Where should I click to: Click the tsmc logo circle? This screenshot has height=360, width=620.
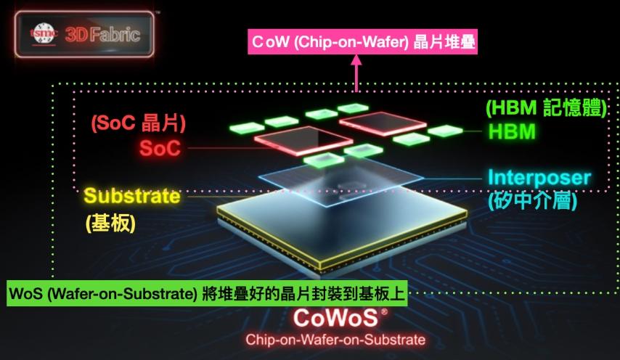(44, 33)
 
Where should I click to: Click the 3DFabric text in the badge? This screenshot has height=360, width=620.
(102, 35)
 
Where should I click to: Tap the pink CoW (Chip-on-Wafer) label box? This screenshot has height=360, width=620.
(362, 41)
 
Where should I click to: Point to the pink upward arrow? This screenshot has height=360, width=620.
(356, 73)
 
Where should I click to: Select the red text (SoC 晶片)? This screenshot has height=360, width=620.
(139, 123)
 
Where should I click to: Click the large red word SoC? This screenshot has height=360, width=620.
(160, 148)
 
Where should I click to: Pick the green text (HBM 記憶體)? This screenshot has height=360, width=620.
(546, 107)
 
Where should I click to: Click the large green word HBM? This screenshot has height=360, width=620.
(512, 131)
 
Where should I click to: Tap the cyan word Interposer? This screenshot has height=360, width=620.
(539, 178)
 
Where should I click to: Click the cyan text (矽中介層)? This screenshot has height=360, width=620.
(533, 201)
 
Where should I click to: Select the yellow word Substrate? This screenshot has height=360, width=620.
(132, 196)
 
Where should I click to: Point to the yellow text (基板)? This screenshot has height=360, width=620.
(110, 224)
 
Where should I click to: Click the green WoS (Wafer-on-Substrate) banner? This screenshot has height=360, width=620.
(207, 293)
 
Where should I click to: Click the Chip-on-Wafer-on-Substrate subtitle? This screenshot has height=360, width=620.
(335, 340)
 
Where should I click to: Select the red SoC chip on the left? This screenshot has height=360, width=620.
(303, 140)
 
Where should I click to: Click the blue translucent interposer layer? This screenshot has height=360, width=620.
(340, 180)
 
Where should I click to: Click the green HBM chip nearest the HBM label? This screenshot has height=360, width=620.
(445, 131)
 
